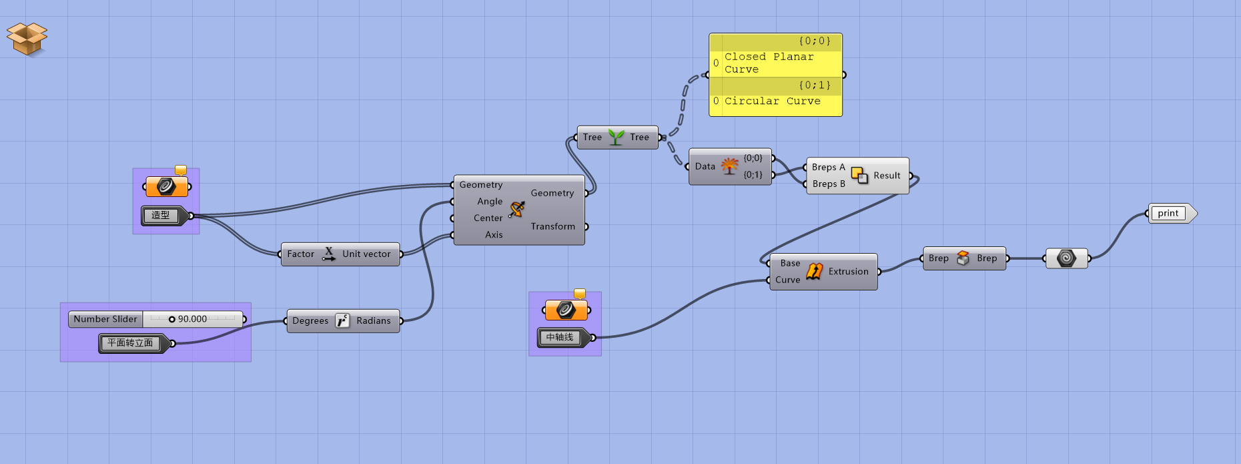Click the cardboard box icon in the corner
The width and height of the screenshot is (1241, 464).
pos(27,39)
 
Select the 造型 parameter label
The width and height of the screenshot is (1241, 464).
pos(161,215)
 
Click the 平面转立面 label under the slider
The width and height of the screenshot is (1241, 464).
pos(130,343)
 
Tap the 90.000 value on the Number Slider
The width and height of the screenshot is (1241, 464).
pos(192,319)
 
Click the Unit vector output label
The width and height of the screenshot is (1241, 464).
pos(366,254)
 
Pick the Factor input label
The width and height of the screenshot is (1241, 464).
pos(300,254)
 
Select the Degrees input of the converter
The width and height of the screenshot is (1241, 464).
pos(310,321)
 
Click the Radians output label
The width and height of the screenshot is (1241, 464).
pos(373,321)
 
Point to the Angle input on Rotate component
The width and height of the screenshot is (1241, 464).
pos(490,202)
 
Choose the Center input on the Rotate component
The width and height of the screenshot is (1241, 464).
pos(488,218)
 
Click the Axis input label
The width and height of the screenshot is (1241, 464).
pos(494,235)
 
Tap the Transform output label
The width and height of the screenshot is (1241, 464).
pos(552,227)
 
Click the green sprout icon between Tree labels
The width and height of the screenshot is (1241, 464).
pos(616,138)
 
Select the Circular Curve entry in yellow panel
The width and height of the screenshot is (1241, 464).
pos(772,101)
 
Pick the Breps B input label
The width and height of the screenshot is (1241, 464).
pos(829,184)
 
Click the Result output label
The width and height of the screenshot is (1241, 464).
pos(887,176)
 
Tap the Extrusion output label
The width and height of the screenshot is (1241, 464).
pos(848,272)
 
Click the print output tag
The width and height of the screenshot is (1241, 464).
pos(1168,214)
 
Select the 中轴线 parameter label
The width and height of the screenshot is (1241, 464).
pos(560,338)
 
